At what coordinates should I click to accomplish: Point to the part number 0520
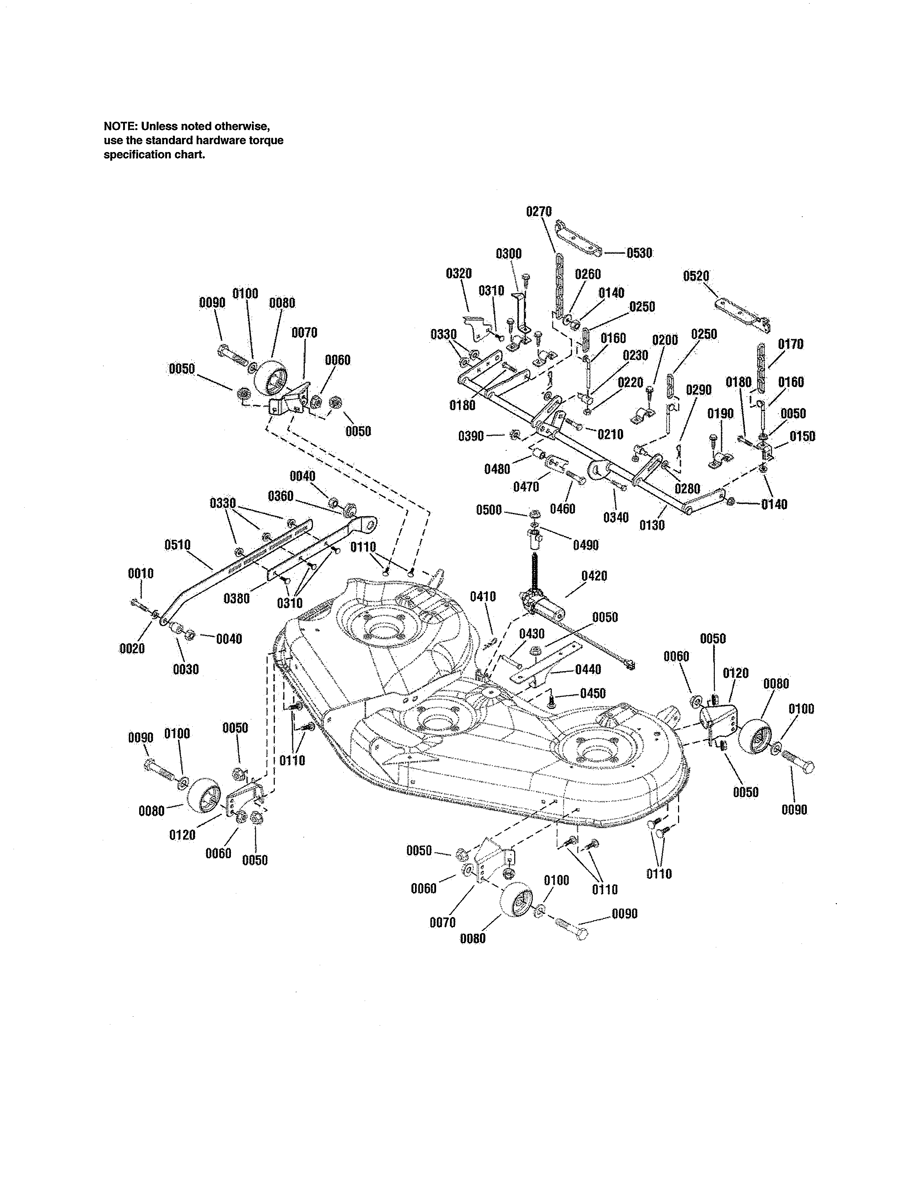tap(696, 276)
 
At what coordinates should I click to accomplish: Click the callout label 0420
tap(594, 576)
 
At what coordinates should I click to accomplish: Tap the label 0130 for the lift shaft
tap(652, 525)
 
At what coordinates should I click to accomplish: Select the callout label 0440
tap(588, 669)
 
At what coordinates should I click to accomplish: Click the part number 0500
tap(489, 510)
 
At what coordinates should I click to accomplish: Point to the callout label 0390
tap(471, 436)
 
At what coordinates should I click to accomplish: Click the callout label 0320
tap(459, 273)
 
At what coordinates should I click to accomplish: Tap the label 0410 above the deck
tap(483, 596)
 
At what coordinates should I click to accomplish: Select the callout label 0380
tap(237, 598)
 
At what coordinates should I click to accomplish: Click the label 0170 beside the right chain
tap(790, 344)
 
